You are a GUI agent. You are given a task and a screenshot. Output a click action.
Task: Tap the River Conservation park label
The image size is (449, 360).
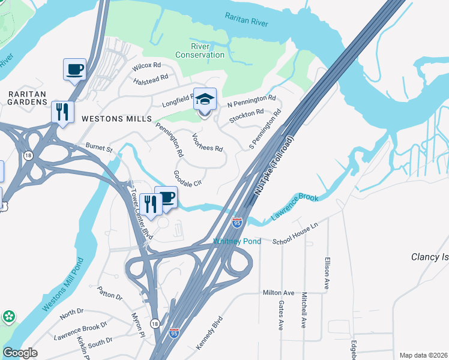(x=200, y=50)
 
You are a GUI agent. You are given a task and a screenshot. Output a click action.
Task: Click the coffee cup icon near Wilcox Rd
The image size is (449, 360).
(x=74, y=69)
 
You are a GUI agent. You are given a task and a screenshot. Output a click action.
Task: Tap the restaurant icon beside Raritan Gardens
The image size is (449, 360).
(x=62, y=112)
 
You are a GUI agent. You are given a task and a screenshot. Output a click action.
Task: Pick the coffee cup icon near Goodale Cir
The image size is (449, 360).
(x=166, y=197)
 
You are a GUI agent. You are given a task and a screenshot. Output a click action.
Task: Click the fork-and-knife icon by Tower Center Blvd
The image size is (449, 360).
(x=150, y=204)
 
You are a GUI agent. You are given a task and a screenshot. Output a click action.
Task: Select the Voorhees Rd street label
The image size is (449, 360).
(x=207, y=141)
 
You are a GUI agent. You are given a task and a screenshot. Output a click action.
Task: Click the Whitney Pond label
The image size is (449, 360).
(x=237, y=241)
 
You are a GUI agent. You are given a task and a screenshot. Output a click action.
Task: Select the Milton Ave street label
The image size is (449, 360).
(x=279, y=292)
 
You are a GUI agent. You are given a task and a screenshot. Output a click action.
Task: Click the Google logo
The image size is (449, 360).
(x=20, y=353)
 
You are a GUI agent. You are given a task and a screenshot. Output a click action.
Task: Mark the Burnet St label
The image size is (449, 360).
(x=99, y=147)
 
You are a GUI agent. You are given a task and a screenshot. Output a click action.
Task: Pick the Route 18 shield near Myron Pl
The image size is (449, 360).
(x=154, y=323)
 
